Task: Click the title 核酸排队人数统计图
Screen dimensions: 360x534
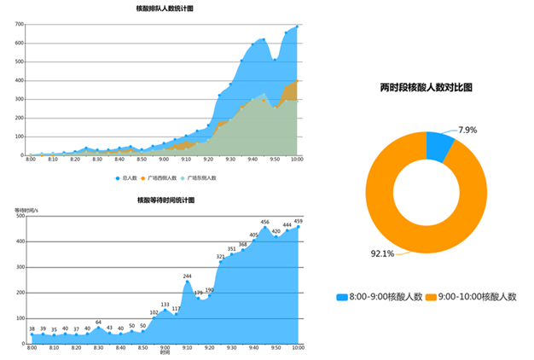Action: (164, 9)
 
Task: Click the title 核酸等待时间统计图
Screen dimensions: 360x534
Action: (165, 200)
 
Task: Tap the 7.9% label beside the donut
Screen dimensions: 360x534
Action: (467, 130)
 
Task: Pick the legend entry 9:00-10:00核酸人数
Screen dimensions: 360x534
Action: (473, 296)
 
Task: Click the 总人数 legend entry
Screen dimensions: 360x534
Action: (128, 177)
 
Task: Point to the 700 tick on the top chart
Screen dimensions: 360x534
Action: (19, 23)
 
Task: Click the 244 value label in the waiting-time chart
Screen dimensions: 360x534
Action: (187, 276)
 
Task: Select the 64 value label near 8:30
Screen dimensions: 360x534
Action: (98, 322)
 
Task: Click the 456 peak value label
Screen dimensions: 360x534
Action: (264, 222)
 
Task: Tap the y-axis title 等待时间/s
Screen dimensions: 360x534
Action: (26, 210)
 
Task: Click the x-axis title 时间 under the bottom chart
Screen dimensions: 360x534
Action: (165, 353)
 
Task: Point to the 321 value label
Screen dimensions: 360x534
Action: (220, 256)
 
